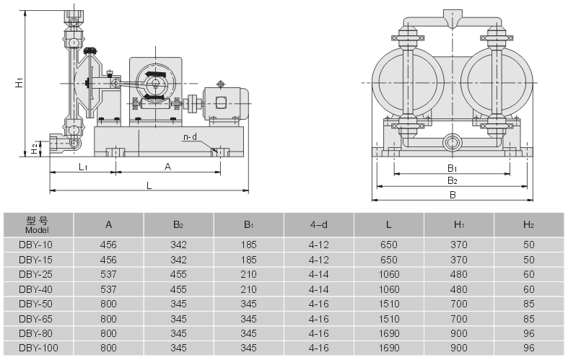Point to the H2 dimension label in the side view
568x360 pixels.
pyautogui.click(x=34, y=149)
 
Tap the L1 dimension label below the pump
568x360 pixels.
pyautogui.click(x=82, y=167)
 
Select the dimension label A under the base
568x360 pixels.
pyautogui.click(x=167, y=167)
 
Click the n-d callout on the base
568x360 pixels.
pyautogui.click(x=190, y=136)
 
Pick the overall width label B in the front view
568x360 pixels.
pyautogui.click(x=453, y=195)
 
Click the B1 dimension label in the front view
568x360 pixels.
pyautogui.click(x=453, y=168)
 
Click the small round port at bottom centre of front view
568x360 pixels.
pyautogui.click(x=453, y=141)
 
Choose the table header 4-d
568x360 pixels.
pyautogui.click(x=318, y=224)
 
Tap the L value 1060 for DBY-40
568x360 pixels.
pyautogui.click(x=388, y=289)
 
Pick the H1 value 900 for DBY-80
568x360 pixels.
pyautogui.click(x=459, y=334)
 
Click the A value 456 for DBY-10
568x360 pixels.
pyautogui.click(x=108, y=245)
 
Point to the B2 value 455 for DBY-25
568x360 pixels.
pyautogui.click(x=178, y=274)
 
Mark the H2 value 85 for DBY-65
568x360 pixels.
pyautogui.click(x=528, y=319)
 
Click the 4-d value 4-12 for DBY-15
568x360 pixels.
pyautogui.click(x=318, y=259)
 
